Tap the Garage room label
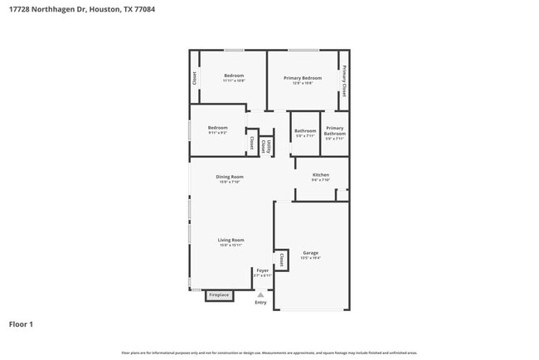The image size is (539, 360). pos(310,252)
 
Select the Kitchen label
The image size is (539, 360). pos(321,175)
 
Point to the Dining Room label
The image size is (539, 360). pos(230,177)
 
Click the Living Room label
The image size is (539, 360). pos(231,240)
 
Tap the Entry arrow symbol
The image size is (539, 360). pos(260,294)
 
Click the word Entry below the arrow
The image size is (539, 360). pos(261,303)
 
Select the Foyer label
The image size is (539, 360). pos(262,270)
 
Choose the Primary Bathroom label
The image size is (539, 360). pos(334,131)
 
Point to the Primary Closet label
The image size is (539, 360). pos(344,80)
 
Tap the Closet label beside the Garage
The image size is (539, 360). pos(282,260)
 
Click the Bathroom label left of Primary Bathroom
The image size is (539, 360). pos(305,130)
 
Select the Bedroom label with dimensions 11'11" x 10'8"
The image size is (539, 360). pos(234,76)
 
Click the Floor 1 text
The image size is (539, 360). pos(21,324)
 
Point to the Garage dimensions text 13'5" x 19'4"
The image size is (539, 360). pos(310,259)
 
